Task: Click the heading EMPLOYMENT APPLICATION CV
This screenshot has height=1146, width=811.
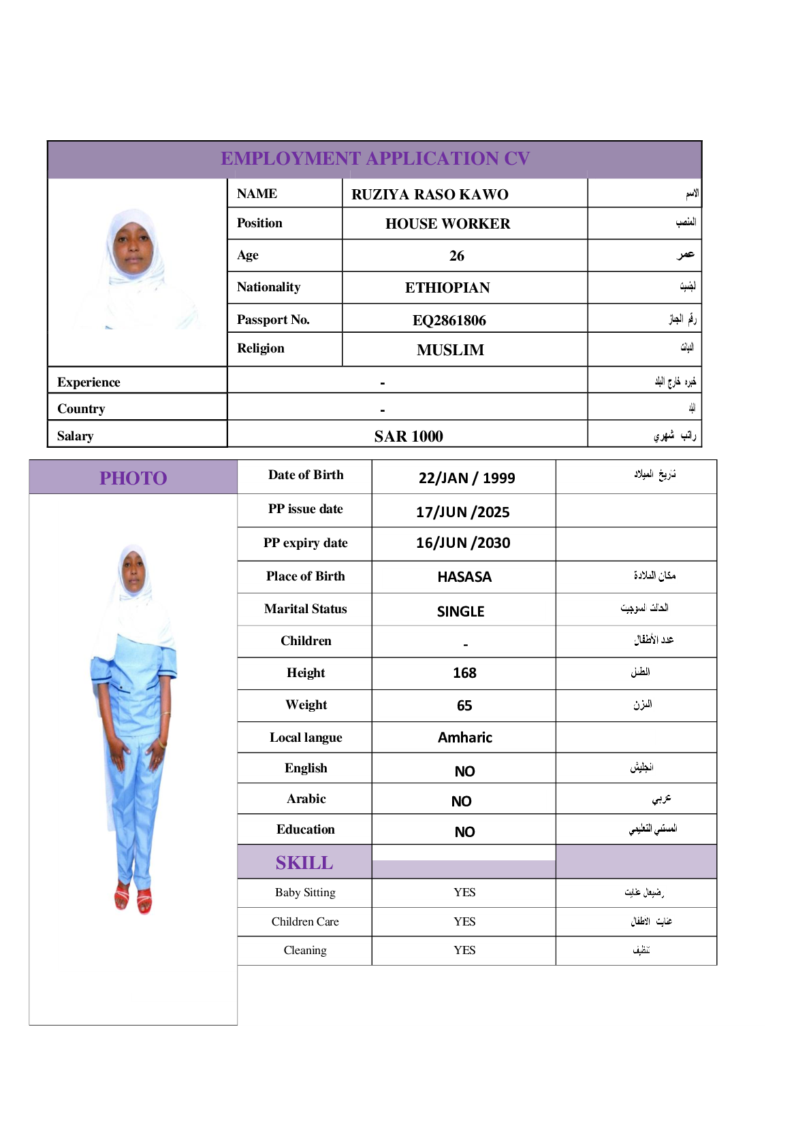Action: pyautogui.click(x=375, y=159)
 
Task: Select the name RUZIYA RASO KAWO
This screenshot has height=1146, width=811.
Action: pyautogui.click(x=430, y=195)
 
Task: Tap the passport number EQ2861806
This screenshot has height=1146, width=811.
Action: pyautogui.click(x=449, y=321)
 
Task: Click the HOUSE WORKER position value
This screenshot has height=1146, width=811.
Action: pyautogui.click(x=447, y=224)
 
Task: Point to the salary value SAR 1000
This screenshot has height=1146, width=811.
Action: pyautogui.click(x=408, y=436)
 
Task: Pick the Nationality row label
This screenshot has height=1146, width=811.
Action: pyautogui.click(x=268, y=287)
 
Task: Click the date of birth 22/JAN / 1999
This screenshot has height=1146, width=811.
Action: pyautogui.click(x=466, y=478)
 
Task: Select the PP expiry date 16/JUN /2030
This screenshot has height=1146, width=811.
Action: pyautogui.click(x=463, y=543)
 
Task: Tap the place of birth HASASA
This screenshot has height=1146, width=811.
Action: pyautogui.click(x=464, y=577)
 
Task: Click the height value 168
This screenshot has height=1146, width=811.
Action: pyautogui.click(x=464, y=673)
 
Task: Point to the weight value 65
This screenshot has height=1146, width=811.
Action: pyautogui.click(x=464, y=706)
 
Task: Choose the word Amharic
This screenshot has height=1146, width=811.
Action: pyautogui.click(x=464, y=738)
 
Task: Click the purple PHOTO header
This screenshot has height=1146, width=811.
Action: pyautogui.click(x=133, y=478)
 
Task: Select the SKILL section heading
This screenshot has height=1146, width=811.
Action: pyautogui.click(x=304, y=863)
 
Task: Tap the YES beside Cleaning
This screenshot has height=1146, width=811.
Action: pyautogui.click(x=464, y=950)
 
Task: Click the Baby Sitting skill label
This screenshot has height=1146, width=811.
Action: pyautogui.click(x=305, y=892)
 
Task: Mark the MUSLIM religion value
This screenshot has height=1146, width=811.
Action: pyautogui.click(x=450, y=350)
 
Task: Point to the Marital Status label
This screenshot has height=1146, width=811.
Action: pyautogui.click(x=305, y=609)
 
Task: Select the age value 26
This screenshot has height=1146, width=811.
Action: pyautogui.click(x=457, y=256)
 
